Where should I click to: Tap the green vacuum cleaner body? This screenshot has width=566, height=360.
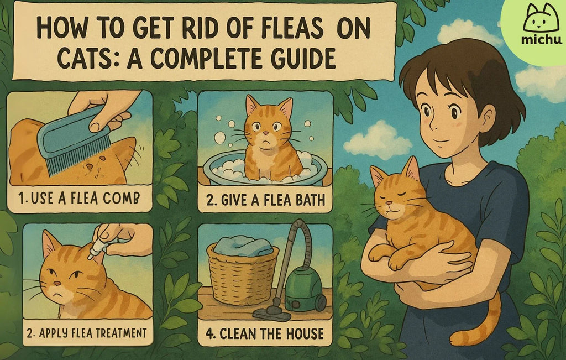pos(303,288)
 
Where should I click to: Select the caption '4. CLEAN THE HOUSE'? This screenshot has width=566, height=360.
pos(265,333)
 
